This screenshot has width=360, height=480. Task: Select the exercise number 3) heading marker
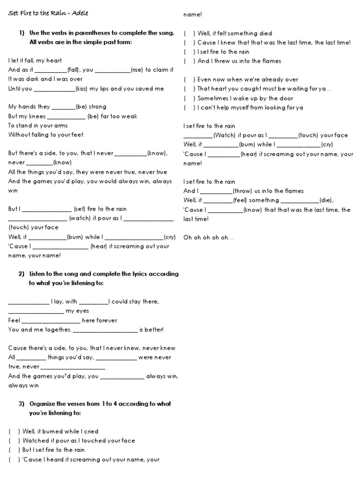22,404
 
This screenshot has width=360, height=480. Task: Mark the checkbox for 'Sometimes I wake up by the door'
189,98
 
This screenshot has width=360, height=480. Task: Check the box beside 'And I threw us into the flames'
189,61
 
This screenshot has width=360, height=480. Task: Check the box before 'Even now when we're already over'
189,80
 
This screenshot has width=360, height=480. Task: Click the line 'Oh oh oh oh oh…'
208,238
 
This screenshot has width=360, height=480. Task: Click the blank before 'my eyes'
36,311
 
